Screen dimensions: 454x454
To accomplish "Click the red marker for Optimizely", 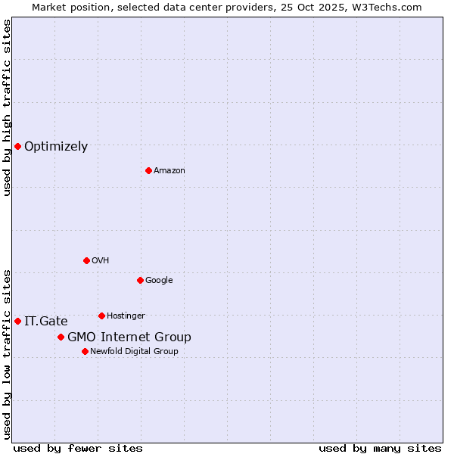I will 17,146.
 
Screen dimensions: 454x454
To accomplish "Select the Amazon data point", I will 148,170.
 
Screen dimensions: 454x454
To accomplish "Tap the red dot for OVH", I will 86,260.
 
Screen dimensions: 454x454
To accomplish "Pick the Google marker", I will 140,280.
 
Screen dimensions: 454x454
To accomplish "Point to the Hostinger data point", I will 101,316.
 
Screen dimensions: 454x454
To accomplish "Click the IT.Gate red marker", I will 17,321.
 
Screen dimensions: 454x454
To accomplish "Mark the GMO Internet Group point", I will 61,337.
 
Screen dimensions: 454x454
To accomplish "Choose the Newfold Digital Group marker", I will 85,351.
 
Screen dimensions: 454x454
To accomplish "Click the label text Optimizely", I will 56,147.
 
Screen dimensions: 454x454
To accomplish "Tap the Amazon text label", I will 169,171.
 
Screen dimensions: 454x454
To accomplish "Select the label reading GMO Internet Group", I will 129,337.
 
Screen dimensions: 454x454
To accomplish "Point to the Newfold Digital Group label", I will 134,351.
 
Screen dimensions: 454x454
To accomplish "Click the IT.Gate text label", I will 45,322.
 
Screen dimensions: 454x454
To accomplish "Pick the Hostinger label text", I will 126,316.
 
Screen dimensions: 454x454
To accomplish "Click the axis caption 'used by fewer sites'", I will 78,448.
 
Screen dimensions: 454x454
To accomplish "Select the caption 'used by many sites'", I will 380,448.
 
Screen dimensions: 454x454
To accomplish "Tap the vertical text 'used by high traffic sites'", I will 7,107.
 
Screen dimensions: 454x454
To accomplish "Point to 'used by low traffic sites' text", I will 7,353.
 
